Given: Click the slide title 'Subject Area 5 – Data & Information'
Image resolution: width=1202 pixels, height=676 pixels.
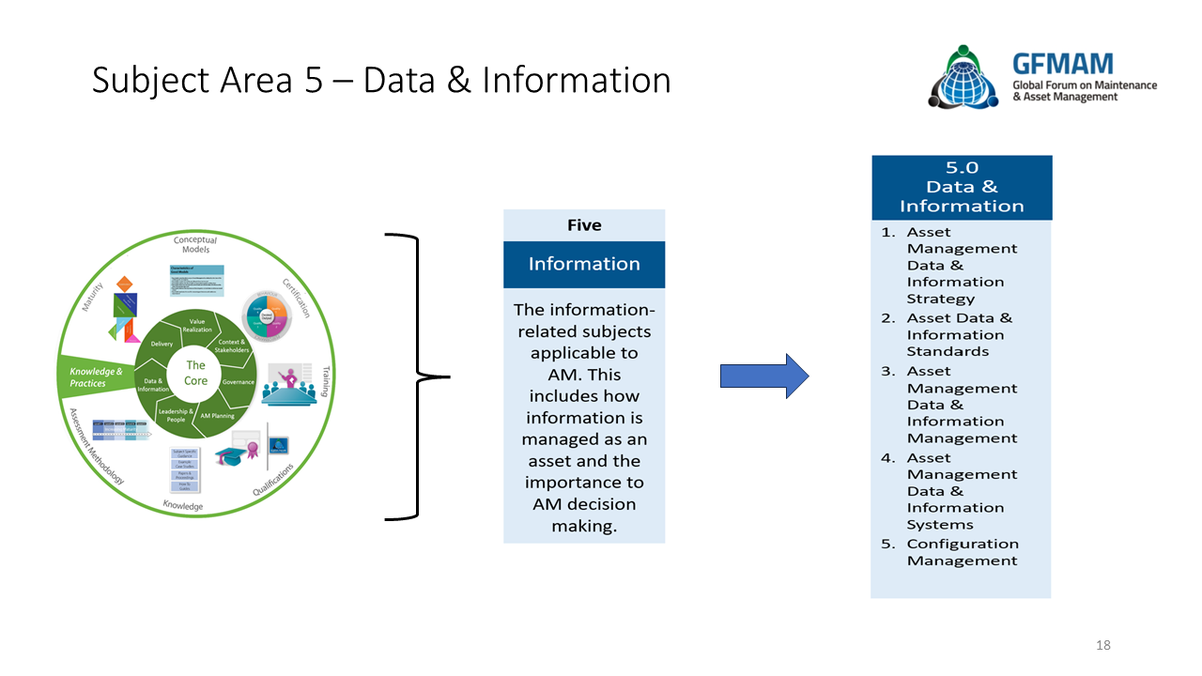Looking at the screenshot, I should (x=381, y=81).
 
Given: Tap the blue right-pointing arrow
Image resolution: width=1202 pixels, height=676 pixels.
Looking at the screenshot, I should (x=763, y=376).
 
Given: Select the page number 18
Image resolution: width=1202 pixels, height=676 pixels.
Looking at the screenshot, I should (x=1103, y=645).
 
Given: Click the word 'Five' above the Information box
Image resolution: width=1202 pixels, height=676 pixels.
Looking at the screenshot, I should (x=584, y=225).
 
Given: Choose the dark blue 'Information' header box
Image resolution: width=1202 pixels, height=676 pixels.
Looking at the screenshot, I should (x=584, y=264).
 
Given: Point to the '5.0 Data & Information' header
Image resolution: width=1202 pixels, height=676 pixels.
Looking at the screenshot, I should (x=962, y=188).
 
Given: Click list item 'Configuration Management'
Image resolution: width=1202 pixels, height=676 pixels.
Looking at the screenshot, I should (x=962, y=552).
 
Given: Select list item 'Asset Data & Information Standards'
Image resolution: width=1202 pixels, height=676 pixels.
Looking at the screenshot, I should (x=959, y=334).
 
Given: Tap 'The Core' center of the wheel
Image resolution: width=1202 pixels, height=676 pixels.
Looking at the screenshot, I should (x=195, y=373).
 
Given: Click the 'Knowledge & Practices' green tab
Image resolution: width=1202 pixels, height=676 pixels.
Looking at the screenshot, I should (x=95, y=376).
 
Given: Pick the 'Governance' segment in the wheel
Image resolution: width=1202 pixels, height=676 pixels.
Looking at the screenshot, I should (x=239, y=382).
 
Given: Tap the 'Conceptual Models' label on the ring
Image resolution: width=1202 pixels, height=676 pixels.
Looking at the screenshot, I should (x=195, y=245).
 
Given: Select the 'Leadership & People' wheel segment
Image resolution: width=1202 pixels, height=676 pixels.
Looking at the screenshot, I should (x=177, y=415).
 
